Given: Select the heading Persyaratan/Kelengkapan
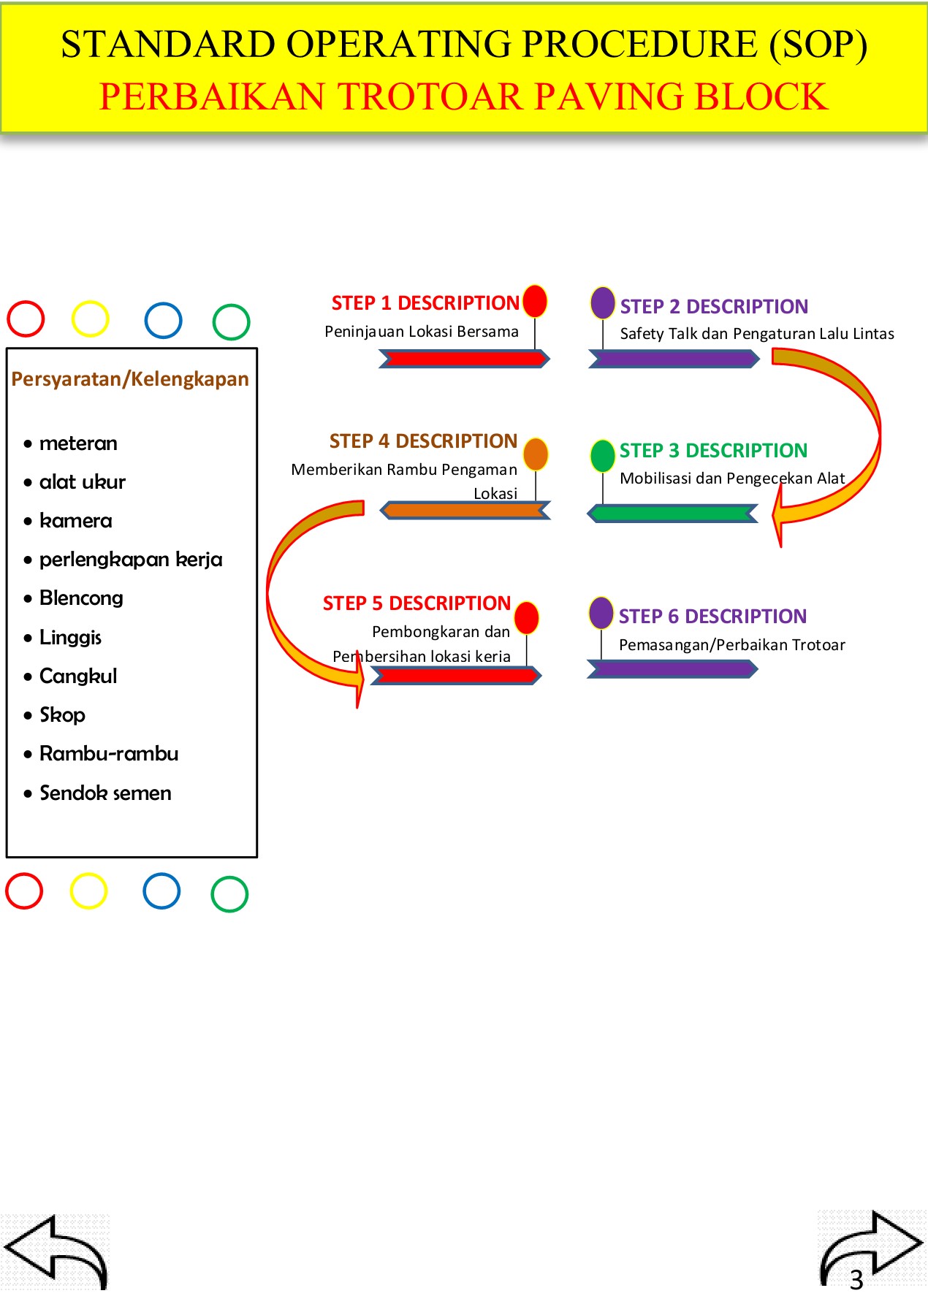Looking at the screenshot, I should coord(130,379).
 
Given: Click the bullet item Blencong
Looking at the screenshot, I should coord(81,598).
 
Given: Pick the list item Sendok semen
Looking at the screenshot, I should coord(105,793).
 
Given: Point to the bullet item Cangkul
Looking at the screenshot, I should coord(78,676).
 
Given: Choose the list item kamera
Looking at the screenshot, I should coord(75,521).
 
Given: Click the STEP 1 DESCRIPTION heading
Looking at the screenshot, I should coord(425,303).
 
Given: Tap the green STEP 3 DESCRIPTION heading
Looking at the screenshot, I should coord(713,451).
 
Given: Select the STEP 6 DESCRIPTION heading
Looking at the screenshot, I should coord(712,617).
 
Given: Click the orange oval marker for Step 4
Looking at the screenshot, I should coord(536,454).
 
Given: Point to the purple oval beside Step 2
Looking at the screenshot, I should coord(603,302).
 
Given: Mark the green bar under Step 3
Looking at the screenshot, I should coord(673,514).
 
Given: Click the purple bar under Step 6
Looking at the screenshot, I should coord(672,669).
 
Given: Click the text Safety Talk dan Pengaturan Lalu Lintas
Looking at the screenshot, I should coord(757,334).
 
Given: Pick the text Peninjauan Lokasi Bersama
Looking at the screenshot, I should coord(422,332).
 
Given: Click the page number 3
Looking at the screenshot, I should coord(856,1280).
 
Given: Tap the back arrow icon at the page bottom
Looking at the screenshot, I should coord(57,1251).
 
